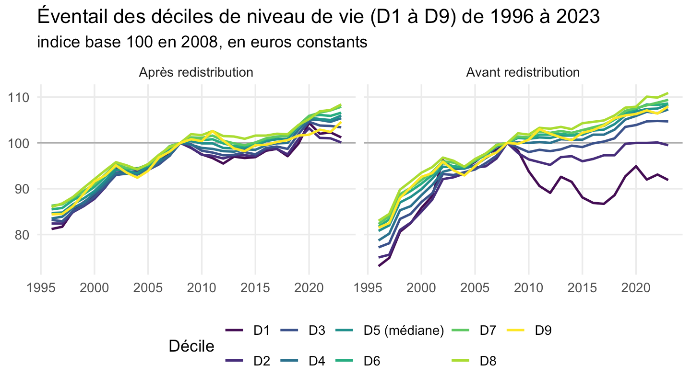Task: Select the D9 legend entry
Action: [529, 331]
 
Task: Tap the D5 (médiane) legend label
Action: [404, 331]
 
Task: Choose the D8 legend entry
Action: [474, 361]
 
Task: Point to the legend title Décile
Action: [191, 346]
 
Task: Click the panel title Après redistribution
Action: [196, 73]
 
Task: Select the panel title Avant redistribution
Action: [523, 73]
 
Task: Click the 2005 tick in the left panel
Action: [148, 288]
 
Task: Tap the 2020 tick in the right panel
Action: [636, 288]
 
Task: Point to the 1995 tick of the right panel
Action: [368, 288]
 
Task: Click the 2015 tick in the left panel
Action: [255, 288]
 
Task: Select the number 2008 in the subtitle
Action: [199, 42]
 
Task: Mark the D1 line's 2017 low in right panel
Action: [603, 204]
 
